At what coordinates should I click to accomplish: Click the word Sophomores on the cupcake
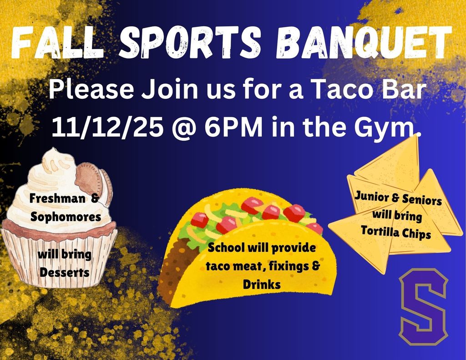pyautogui.click(x=66, y=217)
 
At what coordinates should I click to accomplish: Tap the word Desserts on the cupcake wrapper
pyautogui.click(x=64, y=272)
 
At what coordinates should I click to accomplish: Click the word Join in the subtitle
pyautogui.click(x=160, y=90)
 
